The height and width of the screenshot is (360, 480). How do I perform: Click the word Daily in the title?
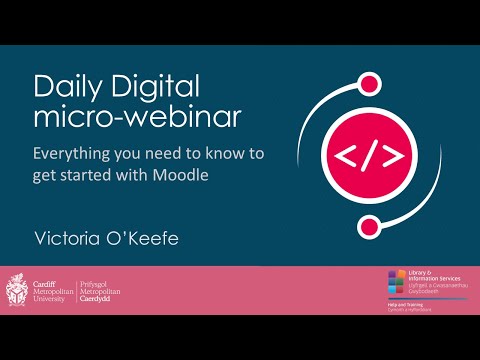click(x=62, y=87)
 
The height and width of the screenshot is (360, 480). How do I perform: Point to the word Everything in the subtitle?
click(x=75, y=156)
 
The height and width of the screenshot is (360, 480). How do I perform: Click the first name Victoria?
click(x=66, y=237)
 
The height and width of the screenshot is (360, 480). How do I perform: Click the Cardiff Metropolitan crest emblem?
click(x=16, y=291)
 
